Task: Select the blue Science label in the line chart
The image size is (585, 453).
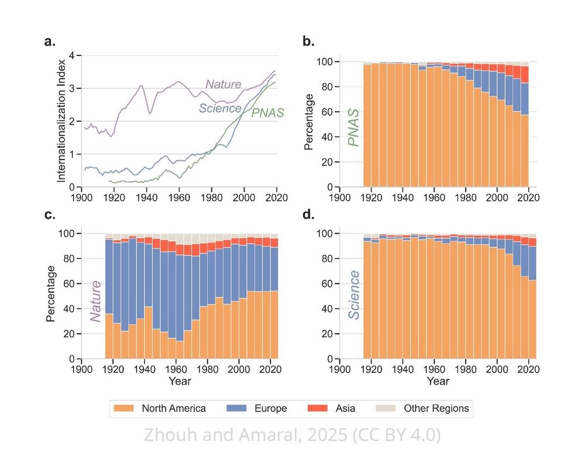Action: click(x=220, y=108)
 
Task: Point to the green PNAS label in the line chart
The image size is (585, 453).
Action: click(x=267, y=113)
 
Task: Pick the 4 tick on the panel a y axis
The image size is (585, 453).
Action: click(x=73, y=56)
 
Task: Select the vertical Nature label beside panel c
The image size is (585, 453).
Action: click(x=95, y=300)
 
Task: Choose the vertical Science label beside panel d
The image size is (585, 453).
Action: click(x=353, y=295)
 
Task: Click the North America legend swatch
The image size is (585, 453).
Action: click(x=125, y=409)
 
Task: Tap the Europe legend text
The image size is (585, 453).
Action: click(x=270, y=409)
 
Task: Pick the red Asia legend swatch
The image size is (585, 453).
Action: click(x=319, y=409)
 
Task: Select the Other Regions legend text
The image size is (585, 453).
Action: click(x=436, y=409)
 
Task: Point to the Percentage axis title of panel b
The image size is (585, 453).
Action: click(x=309, y=126)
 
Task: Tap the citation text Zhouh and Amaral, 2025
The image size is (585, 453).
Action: click(x=292, y=435)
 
